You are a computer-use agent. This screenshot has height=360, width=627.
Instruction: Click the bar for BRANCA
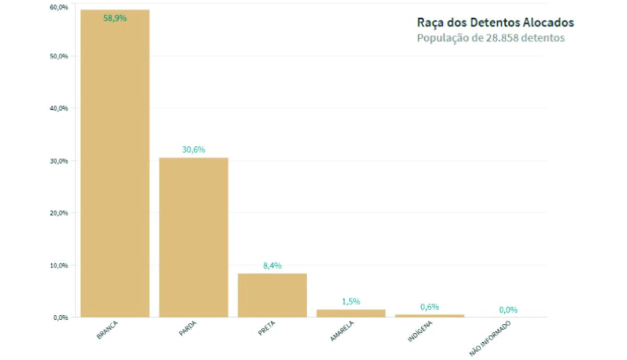coord(115,167)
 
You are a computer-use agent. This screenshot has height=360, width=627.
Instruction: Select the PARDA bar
coord(193,238)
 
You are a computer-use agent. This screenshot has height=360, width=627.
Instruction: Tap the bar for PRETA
coord(272,295)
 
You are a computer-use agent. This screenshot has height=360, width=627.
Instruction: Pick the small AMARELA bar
coord(351,313)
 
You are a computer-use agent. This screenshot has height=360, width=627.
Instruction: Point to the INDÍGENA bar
coord(429,316)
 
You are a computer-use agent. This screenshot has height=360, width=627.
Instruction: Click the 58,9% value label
coord(115,18)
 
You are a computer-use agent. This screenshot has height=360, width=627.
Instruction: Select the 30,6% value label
coord(193,149)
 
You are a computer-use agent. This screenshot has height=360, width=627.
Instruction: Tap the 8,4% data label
coord(272,265)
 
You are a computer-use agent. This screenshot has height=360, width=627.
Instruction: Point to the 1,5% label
coord(351,301)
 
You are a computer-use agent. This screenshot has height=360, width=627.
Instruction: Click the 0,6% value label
coord(429,307)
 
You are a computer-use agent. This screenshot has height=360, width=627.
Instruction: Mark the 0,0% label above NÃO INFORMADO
coord(508,310)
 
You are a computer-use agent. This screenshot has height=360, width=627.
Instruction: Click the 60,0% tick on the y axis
coord(59,7)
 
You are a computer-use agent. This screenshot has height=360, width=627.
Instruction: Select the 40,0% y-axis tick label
coord(59,108)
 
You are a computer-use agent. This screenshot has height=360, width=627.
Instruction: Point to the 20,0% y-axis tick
coord(59,213)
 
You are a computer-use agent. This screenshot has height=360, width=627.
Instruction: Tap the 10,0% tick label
coord(59,265)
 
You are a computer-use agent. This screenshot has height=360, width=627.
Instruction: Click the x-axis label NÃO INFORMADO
coord(490,339)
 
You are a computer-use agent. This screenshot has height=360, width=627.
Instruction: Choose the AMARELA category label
coord(342,331)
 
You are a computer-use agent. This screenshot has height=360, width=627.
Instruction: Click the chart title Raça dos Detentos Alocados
coord(495,22)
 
